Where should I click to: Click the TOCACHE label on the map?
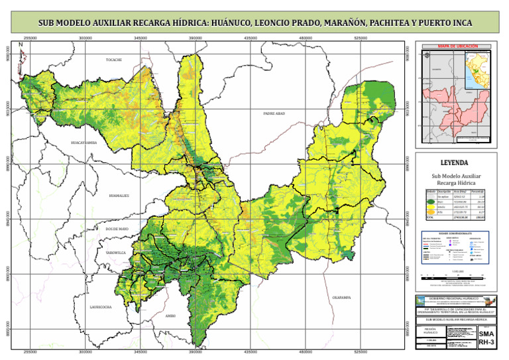click(113, 60)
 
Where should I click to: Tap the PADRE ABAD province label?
click(274, 113)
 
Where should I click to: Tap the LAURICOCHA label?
click(101, 307)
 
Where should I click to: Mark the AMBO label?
click(170, 316)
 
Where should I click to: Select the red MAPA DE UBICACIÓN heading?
click(455, 47)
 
